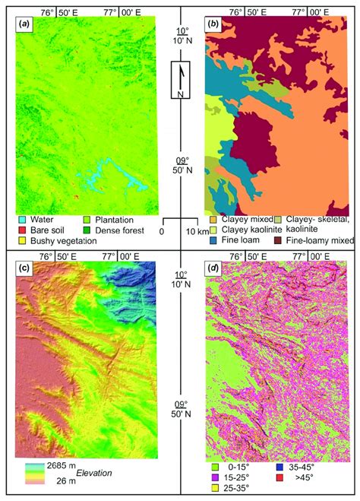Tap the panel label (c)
tap(26, 268)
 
